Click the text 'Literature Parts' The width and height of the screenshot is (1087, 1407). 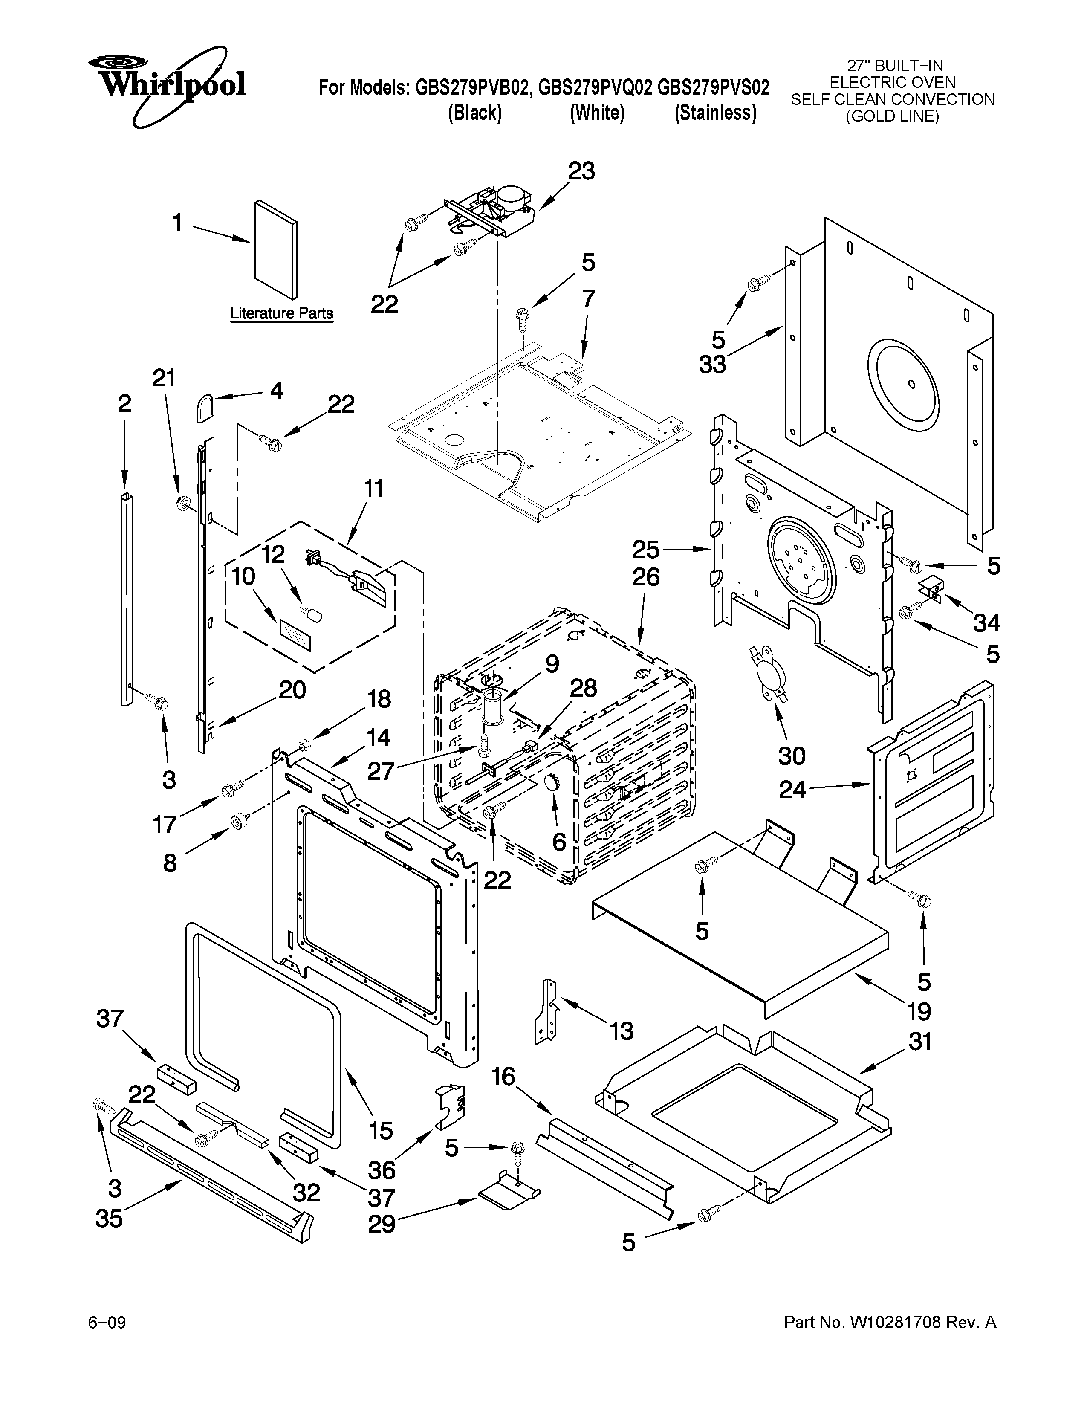tap(282, 314)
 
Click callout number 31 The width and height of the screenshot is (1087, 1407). tap(919, 1042)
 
